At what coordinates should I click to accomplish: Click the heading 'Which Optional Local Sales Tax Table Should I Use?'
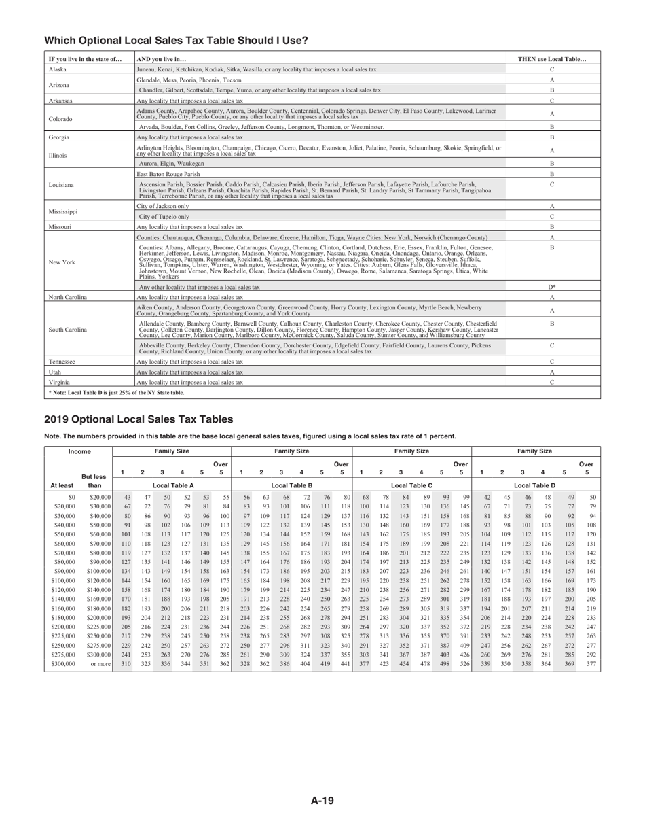pos(176,41)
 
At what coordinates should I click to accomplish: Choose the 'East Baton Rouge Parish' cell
pos(169,174)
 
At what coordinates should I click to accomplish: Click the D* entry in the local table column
pos(551,287)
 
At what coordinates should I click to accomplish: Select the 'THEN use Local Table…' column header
pos(551,59)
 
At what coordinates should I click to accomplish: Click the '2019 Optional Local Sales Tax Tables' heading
pos(139,419)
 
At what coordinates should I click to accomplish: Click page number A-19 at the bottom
pos(322,801)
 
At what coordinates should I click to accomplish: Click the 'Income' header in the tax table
pos(79,451)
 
